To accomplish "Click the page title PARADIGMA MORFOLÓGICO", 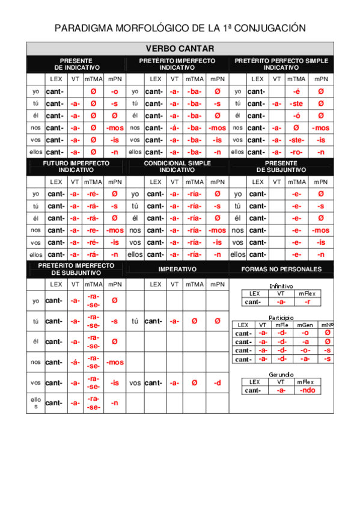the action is [180, 28].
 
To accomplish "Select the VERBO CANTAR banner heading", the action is [180, 48].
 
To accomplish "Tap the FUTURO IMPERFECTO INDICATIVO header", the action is [76, 167].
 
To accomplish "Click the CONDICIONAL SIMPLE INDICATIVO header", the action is [177, 167].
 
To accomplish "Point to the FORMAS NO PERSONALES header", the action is [281, 269].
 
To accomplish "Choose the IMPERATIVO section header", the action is [177, 269].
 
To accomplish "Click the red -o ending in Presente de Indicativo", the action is [114, 91].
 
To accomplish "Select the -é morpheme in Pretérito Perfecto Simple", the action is [296, 91].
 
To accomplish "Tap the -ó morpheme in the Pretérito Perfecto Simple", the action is [296, 115].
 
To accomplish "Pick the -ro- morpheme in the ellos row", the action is [296, 152].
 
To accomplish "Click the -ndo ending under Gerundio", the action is [308, 390].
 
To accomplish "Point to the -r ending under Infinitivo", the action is [308, 302].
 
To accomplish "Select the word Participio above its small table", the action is [281, 317].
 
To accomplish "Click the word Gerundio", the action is [281, 374].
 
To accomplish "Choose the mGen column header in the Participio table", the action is [305, 325].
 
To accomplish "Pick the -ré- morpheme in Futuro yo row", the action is [93, 194].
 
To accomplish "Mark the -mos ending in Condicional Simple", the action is [217, 230].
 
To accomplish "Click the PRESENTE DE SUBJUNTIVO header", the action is [281, 167].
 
